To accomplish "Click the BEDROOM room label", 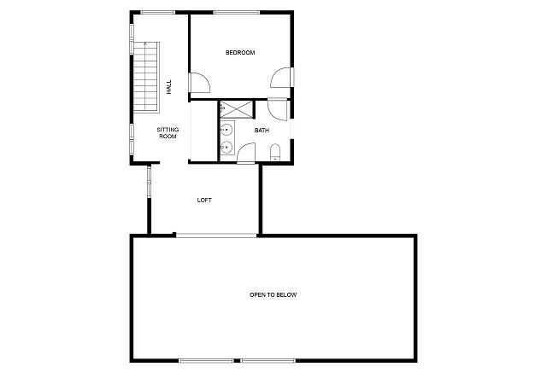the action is [240, 53].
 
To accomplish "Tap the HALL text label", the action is [169, 87].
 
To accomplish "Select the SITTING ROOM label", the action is [168, 133].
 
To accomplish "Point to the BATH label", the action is [262, 131].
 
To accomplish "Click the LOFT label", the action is [204, 201].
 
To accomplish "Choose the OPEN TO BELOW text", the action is [273, 295].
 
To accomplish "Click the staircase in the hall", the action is [146, 77].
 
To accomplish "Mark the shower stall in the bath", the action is [236, 109].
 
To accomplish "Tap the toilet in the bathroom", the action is [275, 153].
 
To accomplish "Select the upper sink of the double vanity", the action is [226, 130].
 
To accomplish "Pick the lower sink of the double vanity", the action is [226, 148].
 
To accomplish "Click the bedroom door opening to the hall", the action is [199, 83].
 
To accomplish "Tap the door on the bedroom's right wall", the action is [282, 78].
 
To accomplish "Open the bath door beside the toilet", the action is [246, 154].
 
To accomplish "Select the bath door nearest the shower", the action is [278, 110].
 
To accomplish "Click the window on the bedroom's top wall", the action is [237, 13].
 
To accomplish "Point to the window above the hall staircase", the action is [157, 13].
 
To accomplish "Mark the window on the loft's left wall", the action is [149, 182].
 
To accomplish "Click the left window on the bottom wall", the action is [206, 361].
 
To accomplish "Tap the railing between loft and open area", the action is [216, 236].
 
